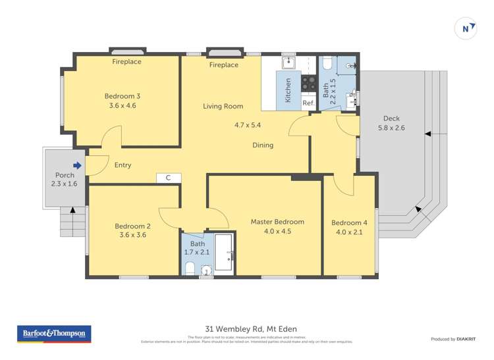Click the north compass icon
tap(466, 28)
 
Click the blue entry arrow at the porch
tap(77, 166)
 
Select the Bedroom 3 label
tap(123, 96)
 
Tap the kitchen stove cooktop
tap(308, 84)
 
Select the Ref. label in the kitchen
tap(308, 103)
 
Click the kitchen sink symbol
tap(289, 63)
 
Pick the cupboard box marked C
tap(169, 178)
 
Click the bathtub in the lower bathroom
tap(223, 253)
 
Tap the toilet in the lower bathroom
tap(190, 269)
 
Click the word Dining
tap(263, 145)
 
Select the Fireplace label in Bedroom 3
tap(126, 62)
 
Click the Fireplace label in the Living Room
tap(224, 65)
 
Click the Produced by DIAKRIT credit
tap(453, 339)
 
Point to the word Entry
tap(123, 165)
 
